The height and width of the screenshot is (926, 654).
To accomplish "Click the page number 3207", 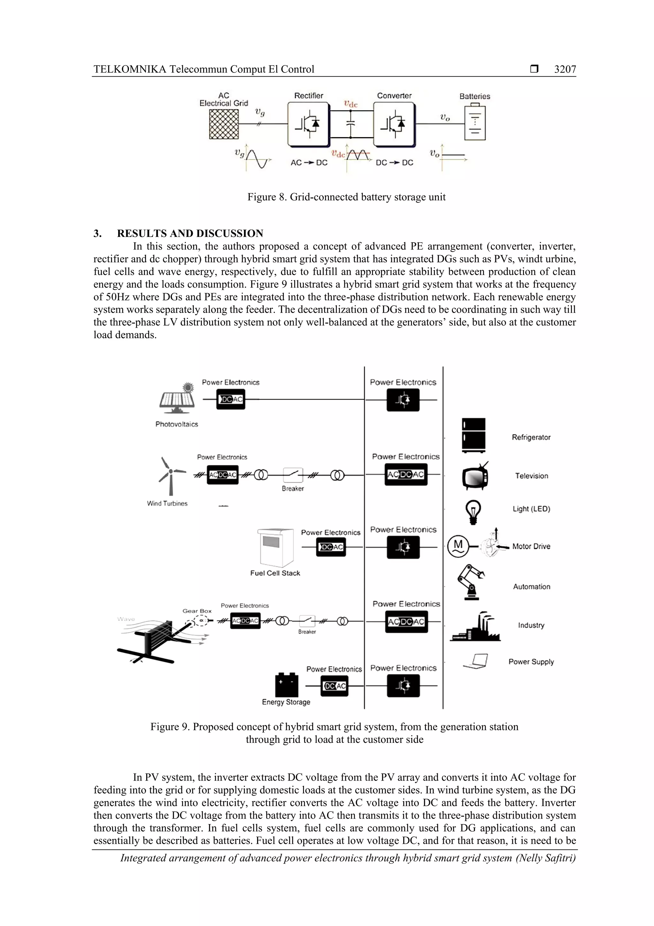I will click(x=565, y=69).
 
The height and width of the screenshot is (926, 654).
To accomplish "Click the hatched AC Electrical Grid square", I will click(x=224, y=124).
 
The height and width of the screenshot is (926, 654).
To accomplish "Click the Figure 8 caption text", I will click(x=346, y=197).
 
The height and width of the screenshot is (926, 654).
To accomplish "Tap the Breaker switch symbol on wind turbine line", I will click(x=293, y=476).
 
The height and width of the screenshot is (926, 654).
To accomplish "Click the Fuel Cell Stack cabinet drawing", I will click(x=276, y=548).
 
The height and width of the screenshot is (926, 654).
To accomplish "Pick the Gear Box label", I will click(x=197, y=611).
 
